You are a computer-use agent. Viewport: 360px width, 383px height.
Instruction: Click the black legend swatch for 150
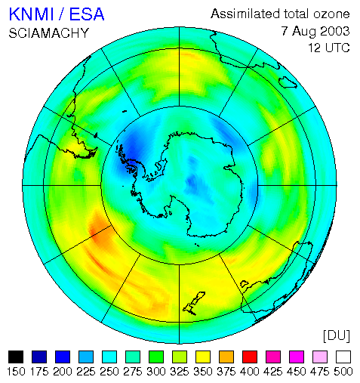pyautogui.click(x=16, y=357)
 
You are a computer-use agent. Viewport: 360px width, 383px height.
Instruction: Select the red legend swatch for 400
pyautogui.click(x=250, y=357)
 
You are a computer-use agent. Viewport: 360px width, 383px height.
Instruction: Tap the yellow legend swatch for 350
pyautogui.click(x=203, y=357)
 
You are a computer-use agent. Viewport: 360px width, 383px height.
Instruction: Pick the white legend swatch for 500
pyautogui.click(x=343, y=357)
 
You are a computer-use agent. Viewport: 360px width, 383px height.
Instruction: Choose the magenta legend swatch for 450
pyautogui.click(x=297, y=357)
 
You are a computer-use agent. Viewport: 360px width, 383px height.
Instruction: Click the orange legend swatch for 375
pyautogui.click(x=226, y=357)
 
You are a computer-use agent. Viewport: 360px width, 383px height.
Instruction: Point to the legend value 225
pyautogui.click(x=86, y=372)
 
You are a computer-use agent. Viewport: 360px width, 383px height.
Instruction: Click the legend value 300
pyautogui.click(x=156, y=372)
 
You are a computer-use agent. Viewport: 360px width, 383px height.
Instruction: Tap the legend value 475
pyautogui.click(x=320, y=372)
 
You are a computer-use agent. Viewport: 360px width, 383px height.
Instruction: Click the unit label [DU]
pyautogui.click(x=337, y=335)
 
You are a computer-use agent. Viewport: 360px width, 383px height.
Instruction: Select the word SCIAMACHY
pyautogui.click(x=49, y=33)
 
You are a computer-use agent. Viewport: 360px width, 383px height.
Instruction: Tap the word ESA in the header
pyautogui.click(x=87, y=14)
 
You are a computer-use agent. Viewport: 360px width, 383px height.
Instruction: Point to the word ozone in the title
pyautogui.click(x=331, y=14)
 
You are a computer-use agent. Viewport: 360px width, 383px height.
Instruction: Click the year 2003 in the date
pyautogui.click(x=335, y=31)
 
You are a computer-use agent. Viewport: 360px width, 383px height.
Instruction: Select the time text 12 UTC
pyautogui.click(x=329, y=48)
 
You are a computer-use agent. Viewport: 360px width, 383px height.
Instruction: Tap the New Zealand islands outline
pyautogui.click(x=194, y=303)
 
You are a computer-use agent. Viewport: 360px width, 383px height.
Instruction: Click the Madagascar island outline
pyautogui.click(x=288, y=82)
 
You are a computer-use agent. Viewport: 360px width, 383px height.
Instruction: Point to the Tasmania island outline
pyautogui.click(x=244, y=284)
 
